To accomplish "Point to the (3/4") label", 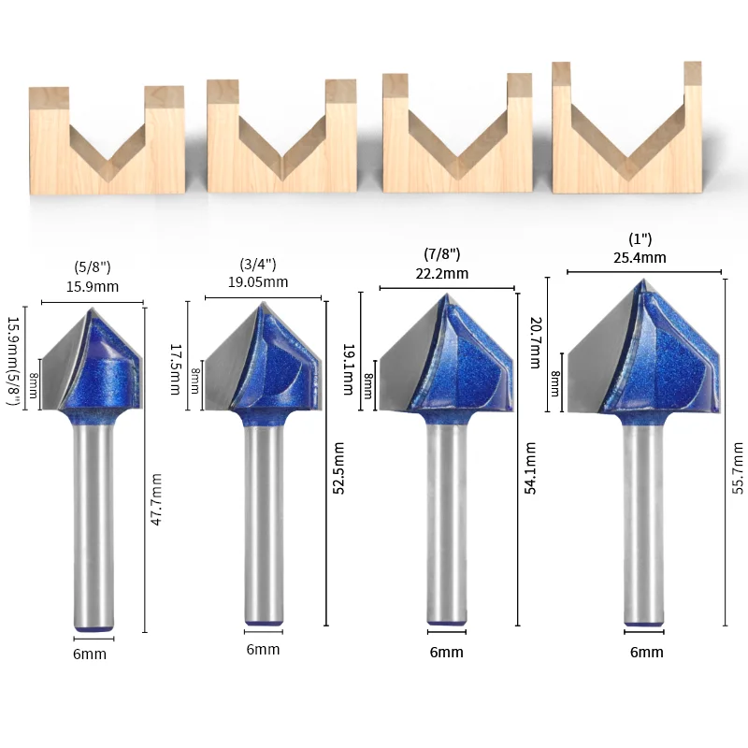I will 257,265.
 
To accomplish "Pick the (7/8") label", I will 442,253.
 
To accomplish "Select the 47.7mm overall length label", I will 157,499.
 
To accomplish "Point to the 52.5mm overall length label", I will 339,467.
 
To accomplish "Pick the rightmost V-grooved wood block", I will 626,136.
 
